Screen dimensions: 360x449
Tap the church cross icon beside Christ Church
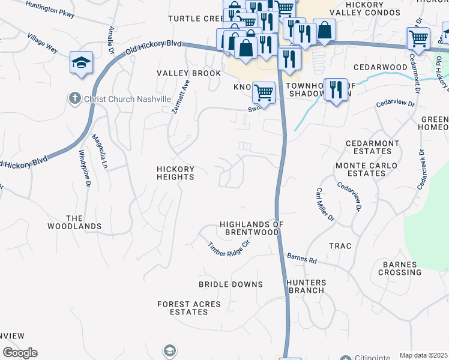74,98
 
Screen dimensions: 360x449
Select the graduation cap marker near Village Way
81,63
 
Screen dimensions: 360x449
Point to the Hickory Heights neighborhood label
175,173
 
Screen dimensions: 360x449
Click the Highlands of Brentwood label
251,228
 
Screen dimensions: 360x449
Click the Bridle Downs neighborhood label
231,284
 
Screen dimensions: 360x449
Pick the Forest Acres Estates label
188,308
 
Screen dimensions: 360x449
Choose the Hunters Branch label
306,286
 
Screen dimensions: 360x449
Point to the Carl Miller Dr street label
325,204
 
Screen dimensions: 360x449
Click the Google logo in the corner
20,353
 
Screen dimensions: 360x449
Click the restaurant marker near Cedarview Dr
336,91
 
